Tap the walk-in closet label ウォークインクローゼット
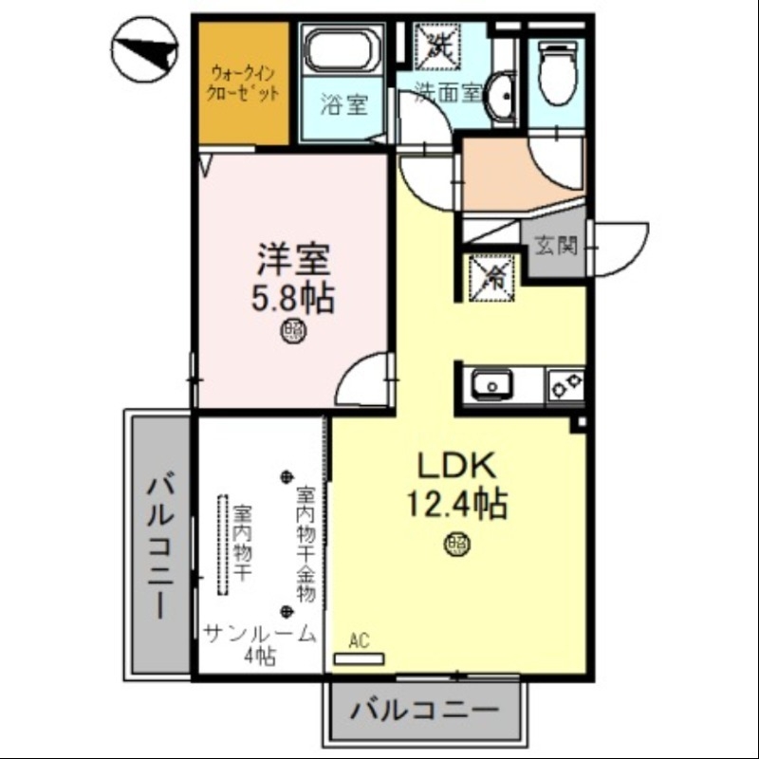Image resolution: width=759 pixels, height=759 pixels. tap(244, 83)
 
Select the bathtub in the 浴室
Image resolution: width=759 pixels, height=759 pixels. tap(340, 48)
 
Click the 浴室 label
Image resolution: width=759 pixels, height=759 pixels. tap(342, 104)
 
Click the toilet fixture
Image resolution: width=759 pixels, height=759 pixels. tap(556, 71)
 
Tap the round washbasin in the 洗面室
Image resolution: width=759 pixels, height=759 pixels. tap(502, 95)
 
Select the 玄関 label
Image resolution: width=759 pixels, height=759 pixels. tap(556, 245)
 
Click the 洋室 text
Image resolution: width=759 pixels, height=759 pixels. tap(291, 258)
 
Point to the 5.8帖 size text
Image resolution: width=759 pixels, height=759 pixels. tap(291, 300)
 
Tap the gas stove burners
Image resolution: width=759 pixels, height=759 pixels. tap(567, 385)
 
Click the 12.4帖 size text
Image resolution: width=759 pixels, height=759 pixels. tap(456, 504)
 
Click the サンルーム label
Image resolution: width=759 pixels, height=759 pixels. tap(259, 634)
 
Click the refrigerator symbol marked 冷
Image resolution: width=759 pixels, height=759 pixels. tap(493, 276)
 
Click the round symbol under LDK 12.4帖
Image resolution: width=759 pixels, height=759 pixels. tap(457, 544)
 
